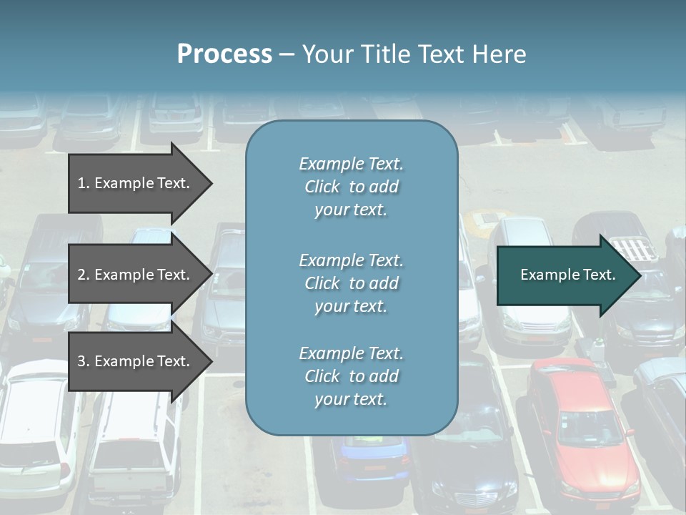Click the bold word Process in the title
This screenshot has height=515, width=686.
(224, 54)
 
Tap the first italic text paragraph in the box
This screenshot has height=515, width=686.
(351, 187)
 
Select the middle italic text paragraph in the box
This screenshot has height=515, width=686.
(351, 283)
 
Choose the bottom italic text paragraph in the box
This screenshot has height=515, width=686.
(351, 376)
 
